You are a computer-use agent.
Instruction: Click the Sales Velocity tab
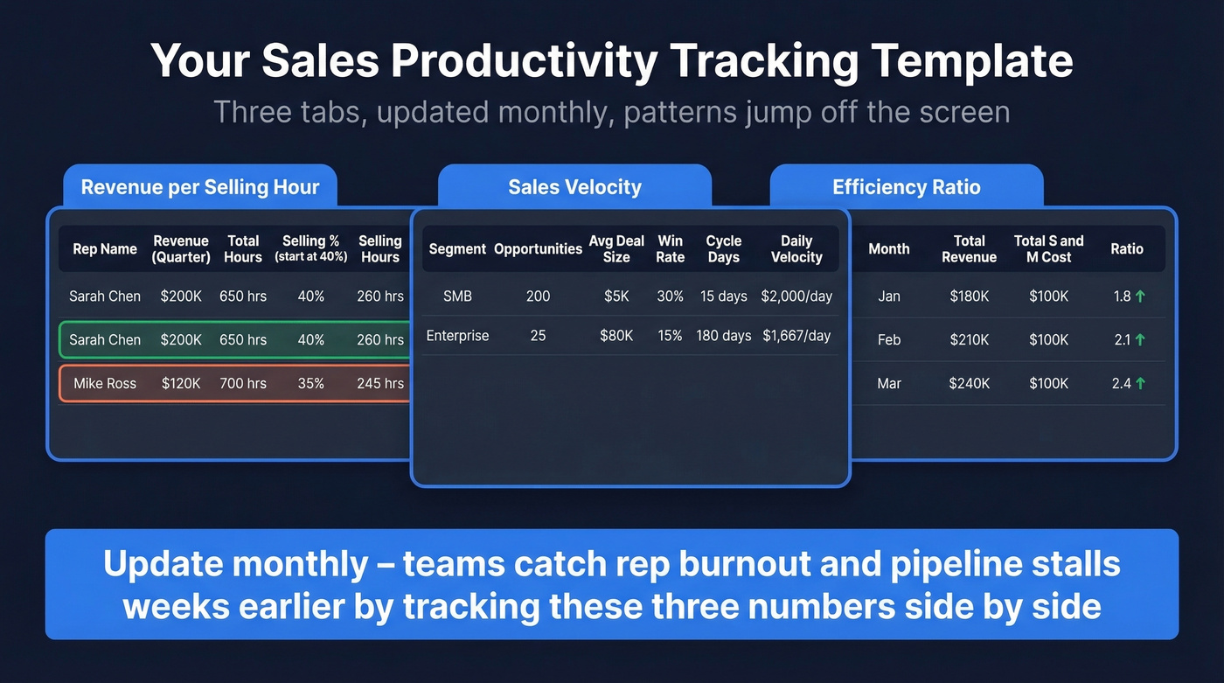(x=574, y=187)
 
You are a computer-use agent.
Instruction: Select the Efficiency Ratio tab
(x=906, y=187)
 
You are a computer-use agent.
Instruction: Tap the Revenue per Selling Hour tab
(x=199, y=187)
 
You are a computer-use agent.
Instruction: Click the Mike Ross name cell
(x=105, y=383)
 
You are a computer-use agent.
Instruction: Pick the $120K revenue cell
(x=181, y=383)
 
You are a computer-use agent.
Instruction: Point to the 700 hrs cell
(x=243, y=383)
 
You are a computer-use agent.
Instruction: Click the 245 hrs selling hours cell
(x=380, y=383)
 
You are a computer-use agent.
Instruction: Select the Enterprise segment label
(x=457, y=336)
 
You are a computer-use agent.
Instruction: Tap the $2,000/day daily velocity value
(x=796, y=296)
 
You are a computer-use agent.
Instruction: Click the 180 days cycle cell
(x=723, y=336)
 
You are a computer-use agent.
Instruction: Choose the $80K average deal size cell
(x=616, y=336)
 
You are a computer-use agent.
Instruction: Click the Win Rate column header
(x=670, y=248)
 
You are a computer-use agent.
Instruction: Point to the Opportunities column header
(x=538, y=249)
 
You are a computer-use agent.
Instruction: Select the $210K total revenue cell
(x=969, y=340)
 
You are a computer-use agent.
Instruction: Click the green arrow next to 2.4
(x=1140, y=383)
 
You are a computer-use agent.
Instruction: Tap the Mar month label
(x=889, y=383)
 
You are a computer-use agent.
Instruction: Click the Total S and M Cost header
(x=1048, y=248)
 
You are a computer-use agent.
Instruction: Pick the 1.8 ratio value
(x=1122, y=296)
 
